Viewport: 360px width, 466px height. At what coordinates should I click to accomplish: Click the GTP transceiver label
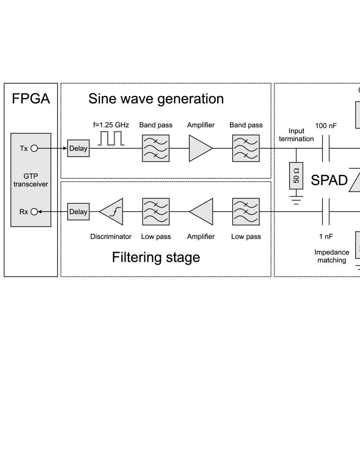coord(31,180)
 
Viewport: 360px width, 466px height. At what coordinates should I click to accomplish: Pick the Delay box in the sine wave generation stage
coord(78,148)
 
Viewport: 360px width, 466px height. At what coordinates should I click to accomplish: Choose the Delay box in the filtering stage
coord(78,212)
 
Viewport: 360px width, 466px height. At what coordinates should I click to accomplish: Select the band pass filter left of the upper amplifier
coord(155,148)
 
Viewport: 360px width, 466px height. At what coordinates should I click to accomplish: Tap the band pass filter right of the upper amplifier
coord(246,148)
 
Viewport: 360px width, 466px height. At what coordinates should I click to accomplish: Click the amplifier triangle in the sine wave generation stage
coord(200,148)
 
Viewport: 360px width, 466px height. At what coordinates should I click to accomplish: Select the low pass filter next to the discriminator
coord(155,212)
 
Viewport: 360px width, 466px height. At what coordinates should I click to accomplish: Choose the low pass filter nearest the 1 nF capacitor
coord(246,212)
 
